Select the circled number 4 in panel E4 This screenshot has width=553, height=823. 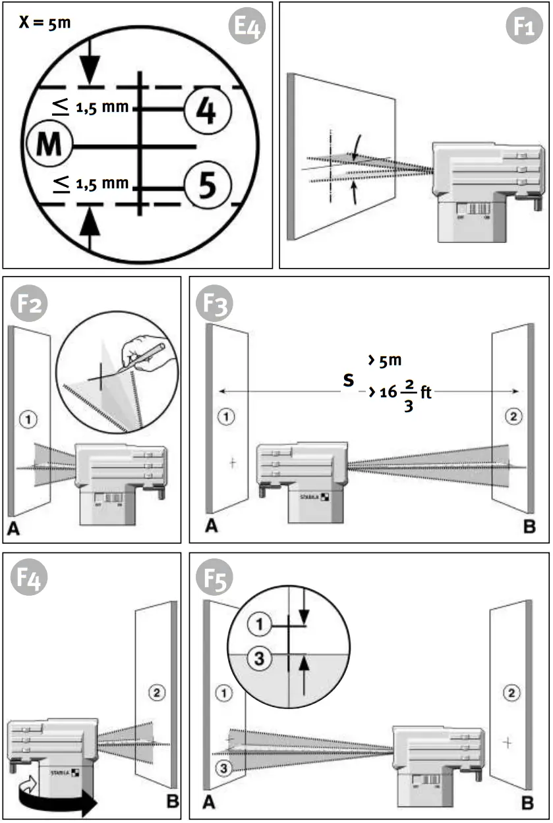tap(206, 109)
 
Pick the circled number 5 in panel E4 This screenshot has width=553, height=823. tap(206, 185)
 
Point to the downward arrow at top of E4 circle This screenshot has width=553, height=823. tap(90, 66)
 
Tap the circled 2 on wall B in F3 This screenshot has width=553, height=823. tap(512, 415)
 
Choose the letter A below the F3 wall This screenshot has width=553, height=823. tap(211, 527)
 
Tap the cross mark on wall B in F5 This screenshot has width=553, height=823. tap(507, 742)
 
